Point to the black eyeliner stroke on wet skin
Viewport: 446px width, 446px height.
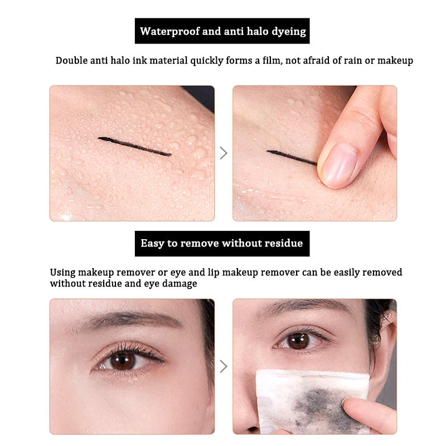tap(134, 147)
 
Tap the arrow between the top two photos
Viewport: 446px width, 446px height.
tap(224, 153)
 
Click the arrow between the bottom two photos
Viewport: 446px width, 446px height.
tap(224, 366)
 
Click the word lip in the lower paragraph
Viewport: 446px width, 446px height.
tap(214, 273)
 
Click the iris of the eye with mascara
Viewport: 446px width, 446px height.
tap(123, 361)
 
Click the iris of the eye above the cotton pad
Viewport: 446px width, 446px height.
tap(298, 341)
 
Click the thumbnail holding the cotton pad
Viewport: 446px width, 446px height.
tap(346, 404)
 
